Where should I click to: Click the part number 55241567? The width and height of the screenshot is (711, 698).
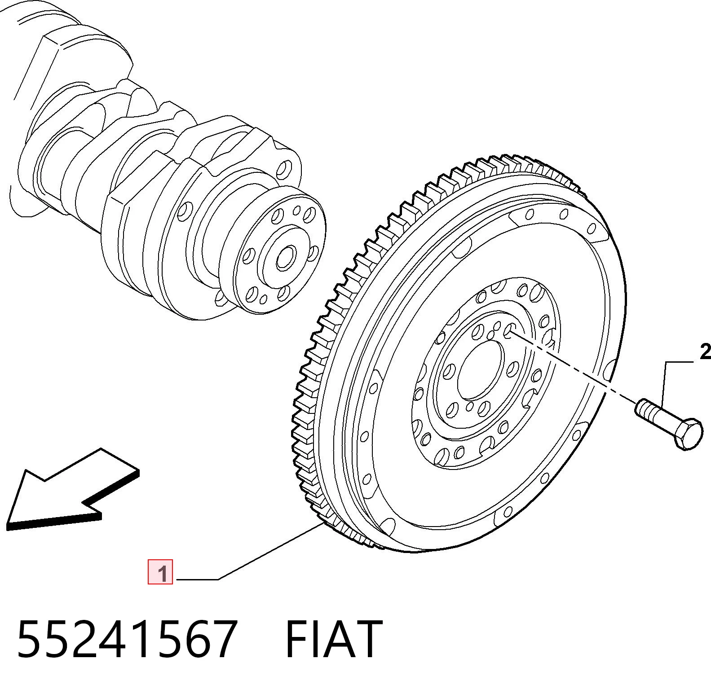(126, 639)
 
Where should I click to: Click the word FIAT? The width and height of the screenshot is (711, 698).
(334, 639)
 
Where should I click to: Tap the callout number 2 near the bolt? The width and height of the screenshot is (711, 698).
(705, 352)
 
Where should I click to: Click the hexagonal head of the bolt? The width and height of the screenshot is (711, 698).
(688, 434)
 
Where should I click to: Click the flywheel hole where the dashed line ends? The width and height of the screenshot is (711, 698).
(509, 331)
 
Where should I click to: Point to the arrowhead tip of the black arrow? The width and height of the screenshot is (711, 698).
(8, 525)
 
